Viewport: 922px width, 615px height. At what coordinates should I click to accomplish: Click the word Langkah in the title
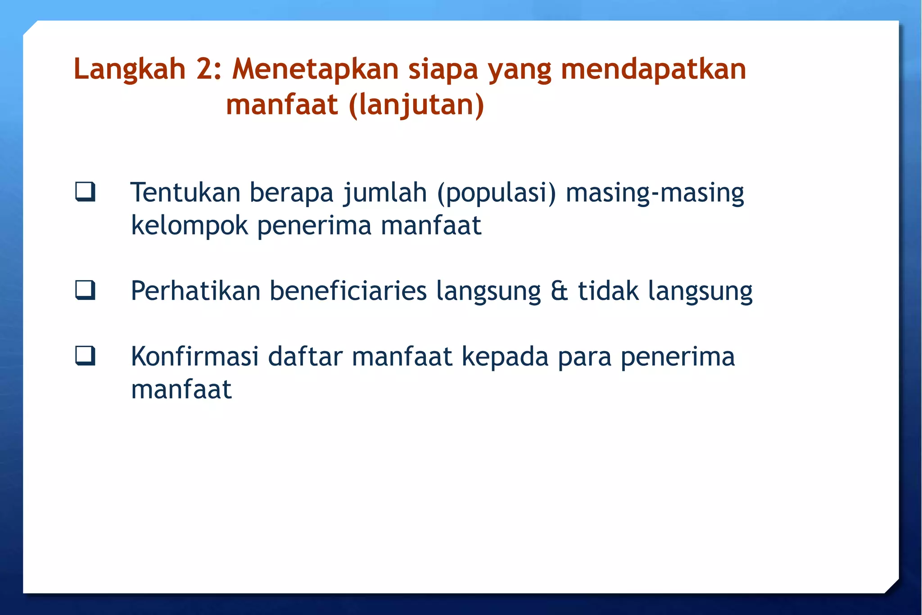tap(130, 70)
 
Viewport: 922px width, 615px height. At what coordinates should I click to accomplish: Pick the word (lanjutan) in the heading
tap(416, 105)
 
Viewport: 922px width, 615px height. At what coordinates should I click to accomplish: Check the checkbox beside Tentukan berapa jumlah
tap(85, 191)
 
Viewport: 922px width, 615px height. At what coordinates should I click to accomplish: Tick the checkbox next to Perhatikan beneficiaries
tap(85, 290)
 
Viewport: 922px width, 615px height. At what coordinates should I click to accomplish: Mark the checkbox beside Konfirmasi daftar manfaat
tap(85, 355)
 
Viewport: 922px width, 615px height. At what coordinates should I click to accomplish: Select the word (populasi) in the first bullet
tap(497, 193)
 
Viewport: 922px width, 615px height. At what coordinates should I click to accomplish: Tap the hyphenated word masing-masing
tap(655, 193)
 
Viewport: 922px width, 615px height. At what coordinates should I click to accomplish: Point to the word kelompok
tap(190, 226)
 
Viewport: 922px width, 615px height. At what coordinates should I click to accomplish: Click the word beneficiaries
tap(348, 291)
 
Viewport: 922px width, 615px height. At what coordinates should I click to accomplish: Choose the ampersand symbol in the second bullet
tap(559, 291)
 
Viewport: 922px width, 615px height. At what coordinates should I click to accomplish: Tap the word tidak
tap(608, 291)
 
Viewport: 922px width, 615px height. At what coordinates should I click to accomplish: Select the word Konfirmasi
tap(195, 357)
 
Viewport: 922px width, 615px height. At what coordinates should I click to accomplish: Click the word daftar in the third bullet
tap(305, 357)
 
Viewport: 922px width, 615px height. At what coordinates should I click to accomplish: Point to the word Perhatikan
tap(196, 291)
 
